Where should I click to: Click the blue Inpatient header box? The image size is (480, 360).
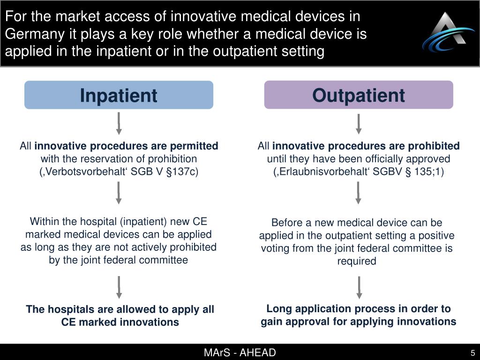coord(119,95)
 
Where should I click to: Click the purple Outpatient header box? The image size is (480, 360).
coord(359,95)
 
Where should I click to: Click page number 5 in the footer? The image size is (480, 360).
coord(473,353)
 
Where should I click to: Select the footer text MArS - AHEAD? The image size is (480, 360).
coord(240,353)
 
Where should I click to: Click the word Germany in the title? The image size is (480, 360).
coord(29,34)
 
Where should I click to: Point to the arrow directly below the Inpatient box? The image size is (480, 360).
coord(119,123)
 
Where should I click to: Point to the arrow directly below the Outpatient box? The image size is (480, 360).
coord(359,123)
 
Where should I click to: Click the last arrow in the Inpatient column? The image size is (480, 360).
coord(119,287)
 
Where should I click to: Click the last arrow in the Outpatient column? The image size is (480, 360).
coord(359,287)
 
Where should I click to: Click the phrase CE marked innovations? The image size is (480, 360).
coord(120,322)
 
